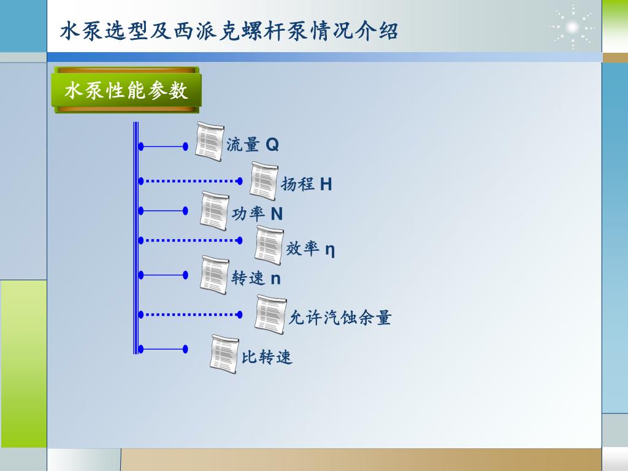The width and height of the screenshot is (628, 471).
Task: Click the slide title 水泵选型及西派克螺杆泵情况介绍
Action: point(229,31)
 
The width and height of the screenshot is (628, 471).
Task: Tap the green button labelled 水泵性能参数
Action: point(126,91)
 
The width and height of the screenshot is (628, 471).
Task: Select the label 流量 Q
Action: point(253,145)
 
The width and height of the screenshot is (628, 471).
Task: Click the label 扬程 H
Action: point(307,184)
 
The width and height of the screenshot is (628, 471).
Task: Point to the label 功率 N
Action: point(258,214)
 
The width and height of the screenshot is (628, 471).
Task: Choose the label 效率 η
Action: point(310,249)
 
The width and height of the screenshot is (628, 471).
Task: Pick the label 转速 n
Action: point(256,278)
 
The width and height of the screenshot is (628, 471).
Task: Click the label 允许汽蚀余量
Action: point(340,318)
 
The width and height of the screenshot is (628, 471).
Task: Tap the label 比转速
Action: point(267,357)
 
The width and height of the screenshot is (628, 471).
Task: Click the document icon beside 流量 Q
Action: point(210,142)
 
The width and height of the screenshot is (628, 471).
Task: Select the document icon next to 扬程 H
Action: point(264,181)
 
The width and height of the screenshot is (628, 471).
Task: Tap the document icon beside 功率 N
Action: point(215,211)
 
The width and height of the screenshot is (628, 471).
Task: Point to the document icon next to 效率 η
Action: point(269,245)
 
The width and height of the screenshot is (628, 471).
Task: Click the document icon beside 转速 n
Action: point(215,275)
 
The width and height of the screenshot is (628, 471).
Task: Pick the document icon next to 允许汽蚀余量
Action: point(270,315)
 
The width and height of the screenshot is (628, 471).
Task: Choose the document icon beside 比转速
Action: point(224,353)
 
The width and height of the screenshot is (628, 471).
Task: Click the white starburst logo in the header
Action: point(572,28)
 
